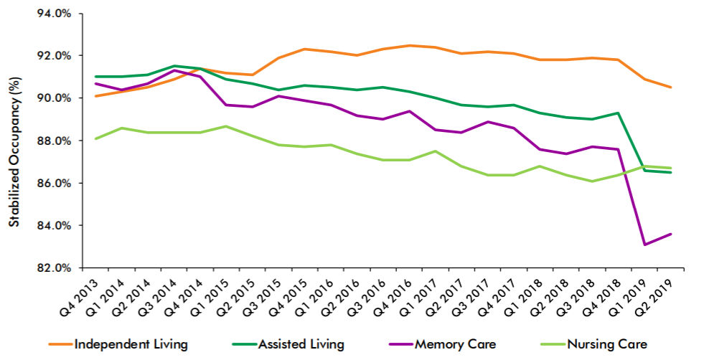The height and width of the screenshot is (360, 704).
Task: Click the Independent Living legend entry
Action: pyautogui.click(x=118, y=344)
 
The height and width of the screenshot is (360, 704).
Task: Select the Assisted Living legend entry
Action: pyautogui.click(x=288, y=344)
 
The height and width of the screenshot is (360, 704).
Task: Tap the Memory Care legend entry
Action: pyautogui.click(x=442, y=344)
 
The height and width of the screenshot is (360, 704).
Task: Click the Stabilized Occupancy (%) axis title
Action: pyautogui.click(x=15, y=152)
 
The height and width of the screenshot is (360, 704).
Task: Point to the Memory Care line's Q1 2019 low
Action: pyautogui.click(x=644, y=245)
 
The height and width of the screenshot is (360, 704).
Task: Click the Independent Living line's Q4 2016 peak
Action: pyautogui.click(x=409, y=45)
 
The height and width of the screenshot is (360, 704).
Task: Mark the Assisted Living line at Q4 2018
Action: pyautogui.click(x=619, y=113)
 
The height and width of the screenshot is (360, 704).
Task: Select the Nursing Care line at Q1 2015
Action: pyautogui.click(x=226, y=126)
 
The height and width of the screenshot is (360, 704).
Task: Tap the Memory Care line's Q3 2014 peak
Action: pyautogui.click(x=173, y=70)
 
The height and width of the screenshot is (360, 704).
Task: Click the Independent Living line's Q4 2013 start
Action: pyautogui.click(x=95, y=96)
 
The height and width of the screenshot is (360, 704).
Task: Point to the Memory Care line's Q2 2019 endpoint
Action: pyautogui.click(x=671, y=234)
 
